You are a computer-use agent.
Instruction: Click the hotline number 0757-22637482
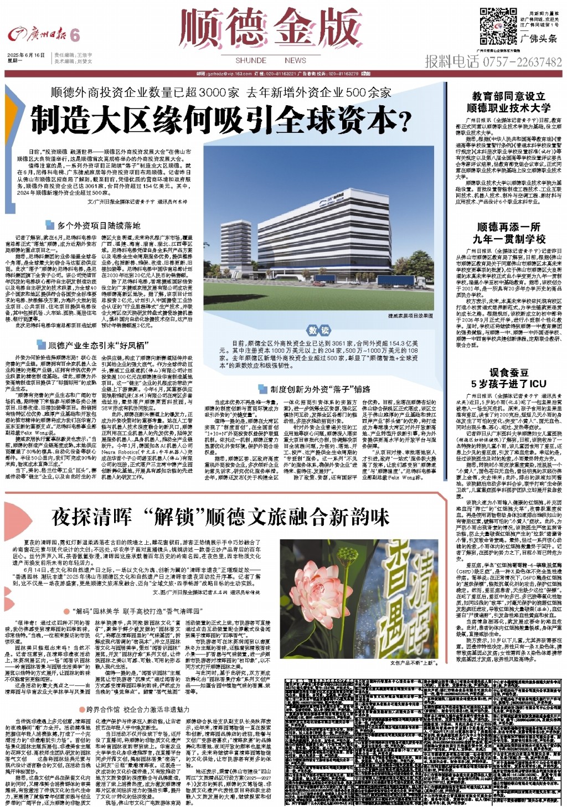point(493,61)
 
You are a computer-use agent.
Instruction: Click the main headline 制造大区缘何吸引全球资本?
point(223,117)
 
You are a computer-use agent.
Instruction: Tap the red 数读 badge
point(319,331)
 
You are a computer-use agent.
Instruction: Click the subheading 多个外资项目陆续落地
point(99,225)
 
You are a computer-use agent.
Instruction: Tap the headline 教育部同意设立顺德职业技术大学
point(508,102)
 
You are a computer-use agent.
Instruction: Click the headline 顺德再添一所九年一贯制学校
point(508,233)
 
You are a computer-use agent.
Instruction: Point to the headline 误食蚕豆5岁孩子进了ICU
point(508,378)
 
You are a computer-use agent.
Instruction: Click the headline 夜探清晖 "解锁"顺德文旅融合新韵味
point(220,518)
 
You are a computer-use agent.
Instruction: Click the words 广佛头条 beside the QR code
point(539,39)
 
